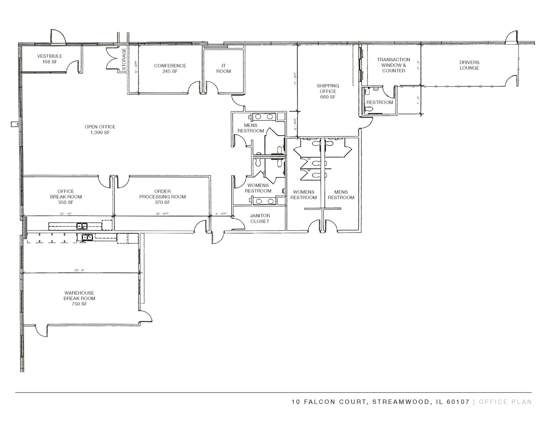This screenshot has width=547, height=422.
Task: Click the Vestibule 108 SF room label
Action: pyautogui.click(x=50, y=59)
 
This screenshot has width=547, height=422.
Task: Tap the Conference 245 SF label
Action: pyautogui.click(x=170, y=68)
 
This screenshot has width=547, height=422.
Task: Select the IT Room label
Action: pyautogui.click(x=224, y=68)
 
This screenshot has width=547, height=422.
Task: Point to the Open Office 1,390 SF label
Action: pyautogui.click(x=100, y=130)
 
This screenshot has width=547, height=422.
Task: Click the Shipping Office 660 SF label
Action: pyautogui.click(x=328, y=91)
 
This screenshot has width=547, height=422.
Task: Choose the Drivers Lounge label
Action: pyautogui.click(x=469, y=65)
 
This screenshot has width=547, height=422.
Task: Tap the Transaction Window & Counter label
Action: pyautogui.click(x=393, y=65)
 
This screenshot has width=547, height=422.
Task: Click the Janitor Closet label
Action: pyautogui.click(x=260, y=219)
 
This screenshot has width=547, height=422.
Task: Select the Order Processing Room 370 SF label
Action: pyautogui.click(x=163, y=197)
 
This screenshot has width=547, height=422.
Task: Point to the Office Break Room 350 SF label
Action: pyautogui.click(x=66, y=197)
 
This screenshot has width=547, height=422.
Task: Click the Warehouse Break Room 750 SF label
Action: pyautogui.click(x=79, y=298)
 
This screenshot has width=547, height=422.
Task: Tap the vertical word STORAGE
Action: pyautogui.click(x=124, y=59)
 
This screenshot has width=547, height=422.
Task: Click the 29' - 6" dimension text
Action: pyautogui.click(x=79, y=270)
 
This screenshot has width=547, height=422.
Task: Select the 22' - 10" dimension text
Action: pyautogui.click(x=66, y=214)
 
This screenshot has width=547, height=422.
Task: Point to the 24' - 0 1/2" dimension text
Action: pyautogui.click(x=163, y=214)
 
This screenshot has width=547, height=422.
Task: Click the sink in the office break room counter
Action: pyautogui.click(x=82, y=226)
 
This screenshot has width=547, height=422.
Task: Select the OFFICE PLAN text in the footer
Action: pyautogui.click(x=505, y=402)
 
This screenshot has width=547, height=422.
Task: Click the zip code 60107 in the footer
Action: pyautogui.click(x=458, y=402)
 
